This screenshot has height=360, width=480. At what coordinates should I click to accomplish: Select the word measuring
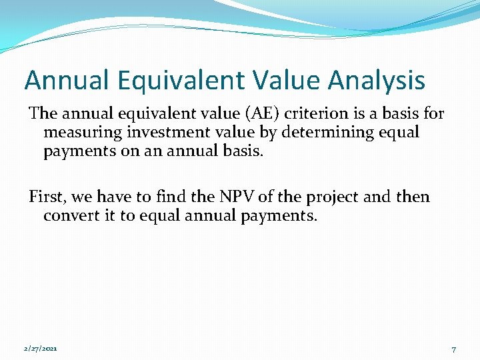pyautogui.click(x=83, y=132)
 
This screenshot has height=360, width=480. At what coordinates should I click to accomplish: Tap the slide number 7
pyautogui.click(x=453, y=349)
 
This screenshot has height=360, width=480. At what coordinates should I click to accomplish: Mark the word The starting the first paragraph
pyautogui.click(x=44, y=113)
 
